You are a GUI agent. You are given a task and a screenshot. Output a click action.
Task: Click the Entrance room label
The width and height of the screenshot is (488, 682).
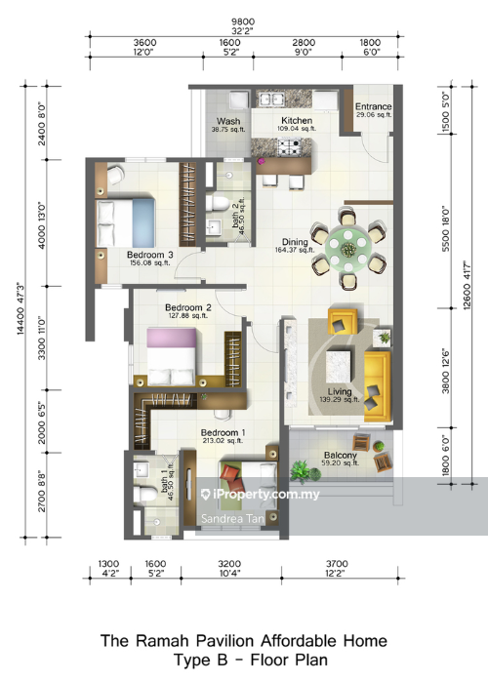coord(373,106)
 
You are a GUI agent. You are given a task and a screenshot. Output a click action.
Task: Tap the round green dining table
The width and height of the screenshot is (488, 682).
coord(348,249)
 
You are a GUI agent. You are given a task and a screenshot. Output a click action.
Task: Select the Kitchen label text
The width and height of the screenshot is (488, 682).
coord(297,120)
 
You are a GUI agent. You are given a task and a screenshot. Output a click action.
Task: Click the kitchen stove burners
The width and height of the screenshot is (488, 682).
coord(289,147)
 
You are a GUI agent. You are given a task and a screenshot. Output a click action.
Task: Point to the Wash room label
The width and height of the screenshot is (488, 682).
coord(228,121)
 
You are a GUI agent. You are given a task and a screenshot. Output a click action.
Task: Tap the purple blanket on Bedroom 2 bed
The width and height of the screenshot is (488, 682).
coord(172,338)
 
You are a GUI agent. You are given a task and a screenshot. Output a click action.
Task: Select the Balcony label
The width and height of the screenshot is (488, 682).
coord(340,455)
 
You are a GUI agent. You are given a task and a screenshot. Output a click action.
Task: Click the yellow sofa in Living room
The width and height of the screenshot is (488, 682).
coord(378,385)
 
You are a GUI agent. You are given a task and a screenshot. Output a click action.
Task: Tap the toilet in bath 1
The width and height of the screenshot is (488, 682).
coord(145,495)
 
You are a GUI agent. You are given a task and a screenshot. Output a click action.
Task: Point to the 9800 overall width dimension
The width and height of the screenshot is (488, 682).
coord(243,21)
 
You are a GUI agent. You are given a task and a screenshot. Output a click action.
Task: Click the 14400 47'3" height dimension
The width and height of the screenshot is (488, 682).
coord(20,309)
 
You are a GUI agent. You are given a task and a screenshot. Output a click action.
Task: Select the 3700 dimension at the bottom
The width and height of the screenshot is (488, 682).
coord(337,564)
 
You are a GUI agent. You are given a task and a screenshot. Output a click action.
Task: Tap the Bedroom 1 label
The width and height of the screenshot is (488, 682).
coord(224,433)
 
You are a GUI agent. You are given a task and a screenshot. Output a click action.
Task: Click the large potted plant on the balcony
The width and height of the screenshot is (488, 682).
coord(305,471)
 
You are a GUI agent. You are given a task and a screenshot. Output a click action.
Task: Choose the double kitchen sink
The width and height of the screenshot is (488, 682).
coord(271,100)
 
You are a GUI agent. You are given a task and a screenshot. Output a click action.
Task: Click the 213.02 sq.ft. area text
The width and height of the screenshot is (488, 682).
coord(223,441)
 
